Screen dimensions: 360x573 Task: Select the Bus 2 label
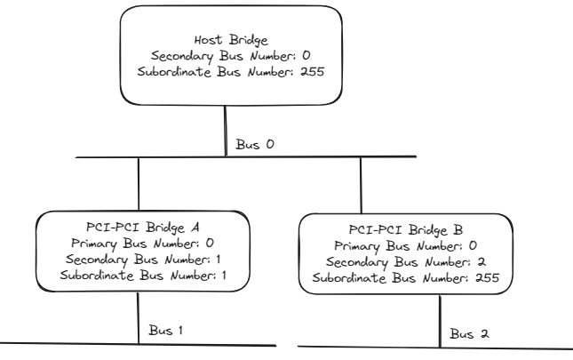470,333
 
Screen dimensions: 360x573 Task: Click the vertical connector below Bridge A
139,318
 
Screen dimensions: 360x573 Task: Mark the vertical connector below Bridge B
442,321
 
